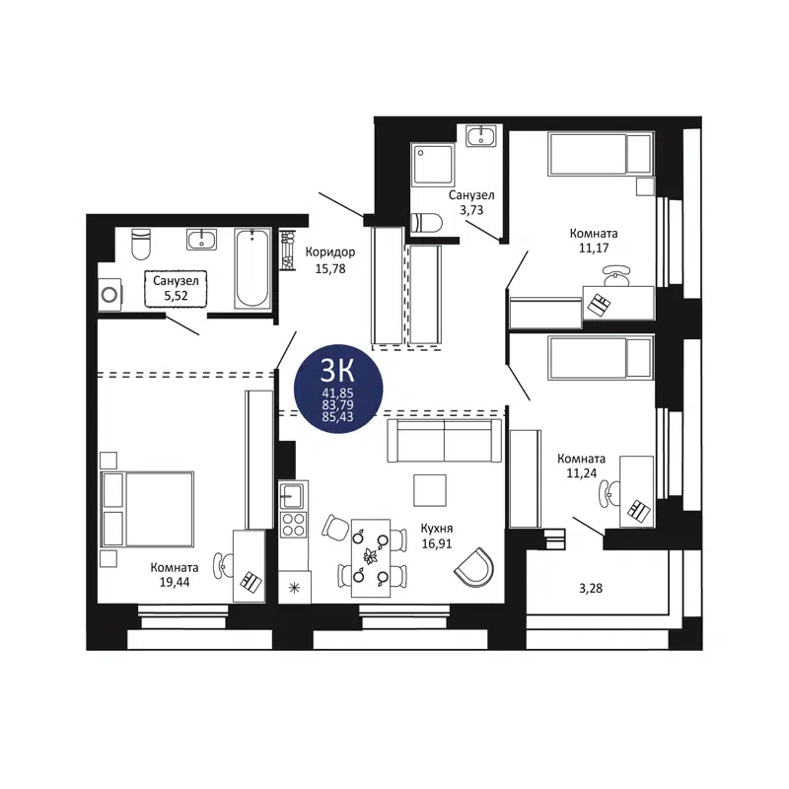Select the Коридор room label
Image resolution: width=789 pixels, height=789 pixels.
(x=330, y=251)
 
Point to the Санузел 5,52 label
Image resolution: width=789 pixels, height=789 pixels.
(x=176, y=288)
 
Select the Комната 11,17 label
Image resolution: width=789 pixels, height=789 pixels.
(x=594, y=241)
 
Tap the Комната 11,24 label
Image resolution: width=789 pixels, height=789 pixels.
(x=582, y=466)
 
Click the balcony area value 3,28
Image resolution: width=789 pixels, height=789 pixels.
(x=590, y=589)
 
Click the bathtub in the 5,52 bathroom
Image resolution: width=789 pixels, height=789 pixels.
(x=252, y=268)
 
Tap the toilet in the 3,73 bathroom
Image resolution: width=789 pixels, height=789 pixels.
(x=428, y=223)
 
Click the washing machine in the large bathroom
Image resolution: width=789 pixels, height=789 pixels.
(x=110, y=293)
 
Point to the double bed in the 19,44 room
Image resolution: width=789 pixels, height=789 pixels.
(x=148, y=508)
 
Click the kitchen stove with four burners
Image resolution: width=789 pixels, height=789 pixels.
(x=293, y=524)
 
